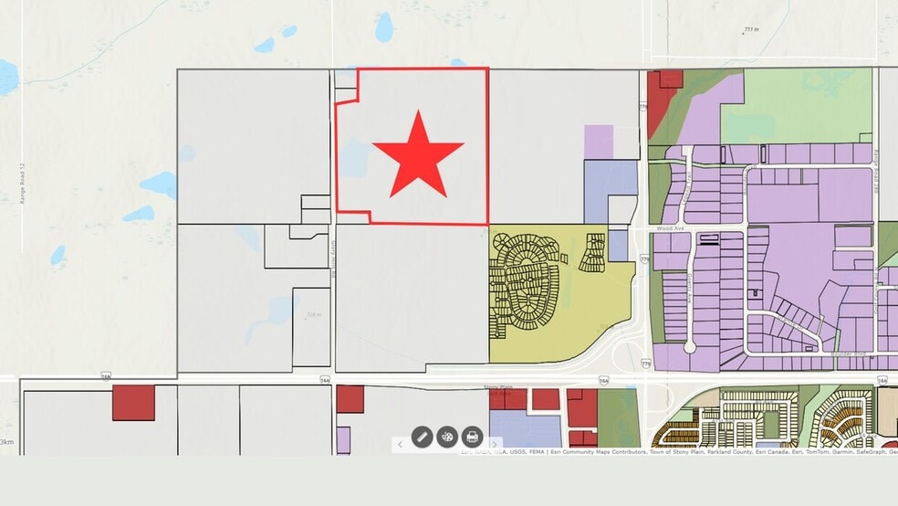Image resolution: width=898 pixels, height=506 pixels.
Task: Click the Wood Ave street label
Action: (x=669, y=228)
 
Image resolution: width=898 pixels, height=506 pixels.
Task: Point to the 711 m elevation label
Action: (x=751, y=30)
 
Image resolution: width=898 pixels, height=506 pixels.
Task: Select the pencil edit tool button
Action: (x=422, y=437)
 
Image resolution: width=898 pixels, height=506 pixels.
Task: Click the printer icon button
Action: (x=472, y=437)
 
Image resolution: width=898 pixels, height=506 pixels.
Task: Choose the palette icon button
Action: (x=447, y=437)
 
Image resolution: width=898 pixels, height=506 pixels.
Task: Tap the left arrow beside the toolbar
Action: (x=400, y=444)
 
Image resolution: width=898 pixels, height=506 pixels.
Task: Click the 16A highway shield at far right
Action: (x=882, y=379)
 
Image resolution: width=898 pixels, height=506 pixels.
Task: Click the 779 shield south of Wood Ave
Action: (x=645, y=259)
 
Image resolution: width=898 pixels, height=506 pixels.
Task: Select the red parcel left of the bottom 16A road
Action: (x=133, y=403)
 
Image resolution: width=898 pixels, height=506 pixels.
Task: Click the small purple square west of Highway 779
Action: (x=599, y=142)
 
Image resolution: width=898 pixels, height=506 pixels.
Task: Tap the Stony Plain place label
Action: (x=498, y=387)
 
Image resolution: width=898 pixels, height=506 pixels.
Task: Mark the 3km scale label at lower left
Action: (x=6, y=442)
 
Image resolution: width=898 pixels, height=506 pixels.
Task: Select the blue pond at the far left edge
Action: (x=7, y=78)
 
